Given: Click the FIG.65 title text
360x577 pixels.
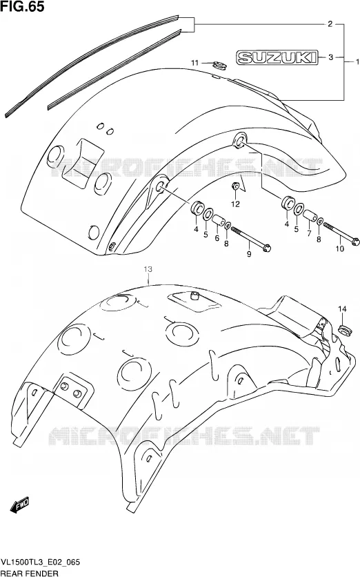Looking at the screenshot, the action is click(23, 6).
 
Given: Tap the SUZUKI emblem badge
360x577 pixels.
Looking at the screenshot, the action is click(276, 57).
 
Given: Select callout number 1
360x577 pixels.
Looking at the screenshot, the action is click(357, 61).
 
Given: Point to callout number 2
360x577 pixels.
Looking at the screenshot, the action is click(330, 24).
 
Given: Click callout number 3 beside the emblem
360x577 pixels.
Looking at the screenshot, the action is click(330, 57).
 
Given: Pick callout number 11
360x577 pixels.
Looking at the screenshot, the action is click(194, 63).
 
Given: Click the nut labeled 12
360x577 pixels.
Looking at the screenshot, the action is click(235, 186).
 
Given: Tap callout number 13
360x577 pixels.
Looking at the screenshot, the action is click(148, 270).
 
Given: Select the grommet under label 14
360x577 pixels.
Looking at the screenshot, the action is click(344, 330).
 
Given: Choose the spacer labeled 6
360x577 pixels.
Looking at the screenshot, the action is click(219, 222).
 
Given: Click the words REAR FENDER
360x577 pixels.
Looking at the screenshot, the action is click(29, 573).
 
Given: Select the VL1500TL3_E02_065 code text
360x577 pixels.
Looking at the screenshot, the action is click(41, 563).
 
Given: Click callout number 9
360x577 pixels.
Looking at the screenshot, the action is click(249, 253).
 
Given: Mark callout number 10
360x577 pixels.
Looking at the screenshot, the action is click(339, 248).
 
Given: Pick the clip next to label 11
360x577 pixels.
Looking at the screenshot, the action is click(219, 65).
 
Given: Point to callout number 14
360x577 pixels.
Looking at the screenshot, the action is click(342, 309).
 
